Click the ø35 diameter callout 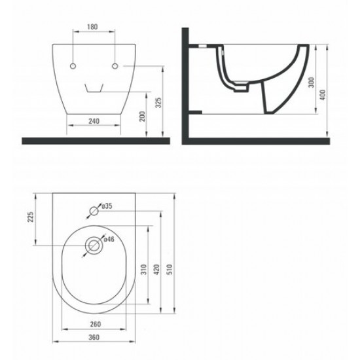107,207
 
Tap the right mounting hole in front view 115,67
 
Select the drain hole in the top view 95,246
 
